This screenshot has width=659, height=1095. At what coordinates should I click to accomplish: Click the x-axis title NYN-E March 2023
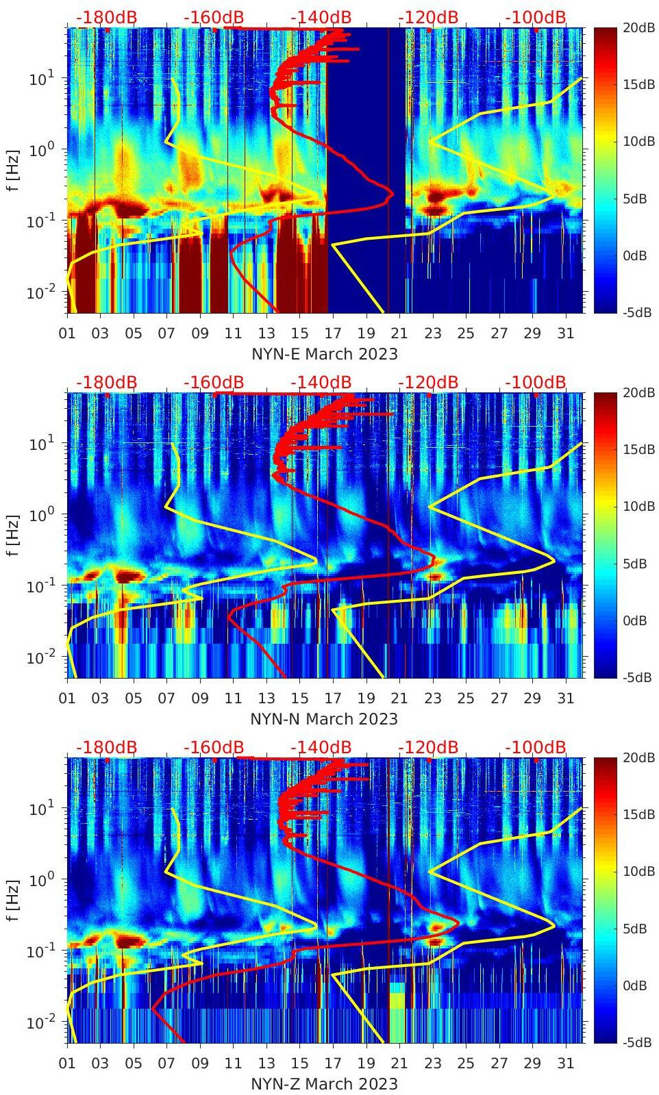click(325, 354)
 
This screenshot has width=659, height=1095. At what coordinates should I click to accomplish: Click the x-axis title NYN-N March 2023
click(324, 719)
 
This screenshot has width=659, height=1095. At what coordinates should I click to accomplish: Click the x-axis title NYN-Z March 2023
click(324, 1084)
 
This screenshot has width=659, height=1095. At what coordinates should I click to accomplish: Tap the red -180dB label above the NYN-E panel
click(107, 17)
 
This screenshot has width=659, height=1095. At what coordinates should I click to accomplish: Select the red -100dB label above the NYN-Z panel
click(536, 747)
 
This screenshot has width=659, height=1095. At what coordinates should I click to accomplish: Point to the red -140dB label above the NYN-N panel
click(321, 382)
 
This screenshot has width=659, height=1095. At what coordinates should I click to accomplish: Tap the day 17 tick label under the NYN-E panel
click(333, 333)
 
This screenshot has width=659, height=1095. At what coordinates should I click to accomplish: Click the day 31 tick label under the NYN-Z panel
click(565, 1063)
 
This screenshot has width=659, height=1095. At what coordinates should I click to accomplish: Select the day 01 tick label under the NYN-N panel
click(67, 698)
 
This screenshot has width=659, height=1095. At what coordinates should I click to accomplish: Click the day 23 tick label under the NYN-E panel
click(432, 333)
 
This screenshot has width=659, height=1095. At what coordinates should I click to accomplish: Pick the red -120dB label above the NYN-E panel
click(428, 17)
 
